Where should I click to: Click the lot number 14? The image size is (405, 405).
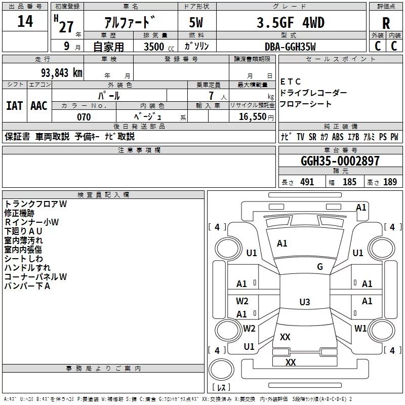tap(25, 21)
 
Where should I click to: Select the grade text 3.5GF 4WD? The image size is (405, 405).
tap(290, 22)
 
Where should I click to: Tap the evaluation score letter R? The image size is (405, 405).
tap(386, 23)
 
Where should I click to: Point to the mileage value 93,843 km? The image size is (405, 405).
tap(61, 73)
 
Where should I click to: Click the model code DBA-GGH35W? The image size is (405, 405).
tap(290, 47)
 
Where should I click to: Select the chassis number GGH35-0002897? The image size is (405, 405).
tap(340, 161)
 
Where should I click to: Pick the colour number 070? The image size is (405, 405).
tap(84, 117)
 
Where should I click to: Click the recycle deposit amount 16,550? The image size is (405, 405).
tap(253, 117)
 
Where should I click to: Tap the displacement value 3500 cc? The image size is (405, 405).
tap(159, 47)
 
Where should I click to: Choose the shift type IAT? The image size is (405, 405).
tap(15, 106)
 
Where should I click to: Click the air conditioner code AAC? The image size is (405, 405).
tap(39, 106)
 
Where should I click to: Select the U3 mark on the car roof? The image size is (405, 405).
tap(305, 302)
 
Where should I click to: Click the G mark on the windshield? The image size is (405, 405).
tap(320, 267)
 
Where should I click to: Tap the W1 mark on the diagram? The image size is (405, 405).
tap(360, 328)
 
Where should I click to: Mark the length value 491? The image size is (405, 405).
tap(307, 182)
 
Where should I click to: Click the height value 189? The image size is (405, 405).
tap(390, 182)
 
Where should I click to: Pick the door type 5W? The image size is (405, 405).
tap(196, 22)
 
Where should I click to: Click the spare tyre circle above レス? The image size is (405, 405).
tap(221, 370)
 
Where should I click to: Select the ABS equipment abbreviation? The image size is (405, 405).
tap(338, 137)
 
